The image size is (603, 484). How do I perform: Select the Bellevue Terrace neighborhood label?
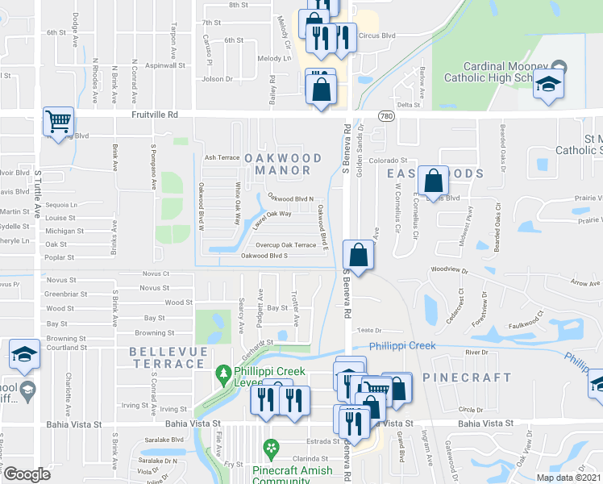(167, 358)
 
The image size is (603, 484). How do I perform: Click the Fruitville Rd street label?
(155, 115)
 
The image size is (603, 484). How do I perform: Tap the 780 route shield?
(387, 116)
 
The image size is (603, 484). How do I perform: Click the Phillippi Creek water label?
(402, 346)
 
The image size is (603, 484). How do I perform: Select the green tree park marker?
(223, 374)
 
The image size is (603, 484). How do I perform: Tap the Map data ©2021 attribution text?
(568, 478)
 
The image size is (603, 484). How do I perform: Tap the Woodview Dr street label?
(449, 268)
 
